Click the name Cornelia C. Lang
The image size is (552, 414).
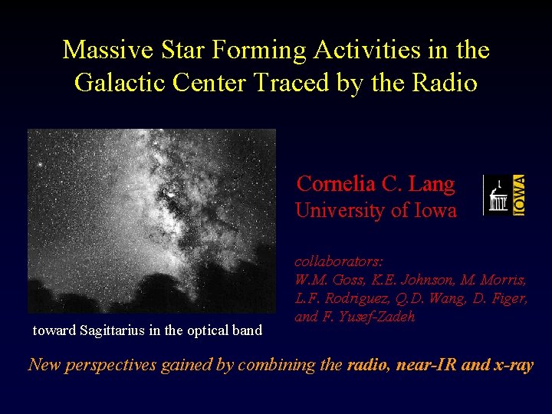pyautogui.click(x=376, y=184)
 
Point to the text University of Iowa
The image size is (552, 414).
pyautogui.click(x=376, y=210)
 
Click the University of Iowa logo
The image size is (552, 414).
pyautogui.click(x=503, y=195)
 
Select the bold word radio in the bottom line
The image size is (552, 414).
pyautogui.click(x=367, y=365)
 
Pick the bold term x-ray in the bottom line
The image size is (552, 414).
pyautogui.click(x=511, y=365)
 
